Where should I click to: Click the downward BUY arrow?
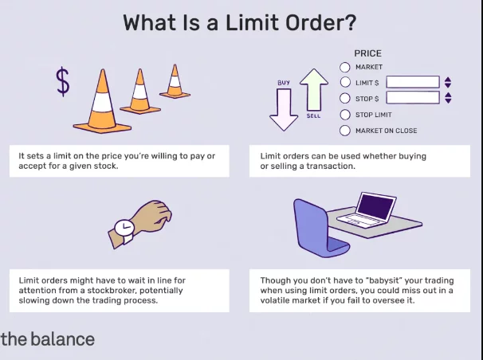[283, 108]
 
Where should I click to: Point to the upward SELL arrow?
[314, 92]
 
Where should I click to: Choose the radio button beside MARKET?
[345, 67]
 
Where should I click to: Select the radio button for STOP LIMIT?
[345, 114]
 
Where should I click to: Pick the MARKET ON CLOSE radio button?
[345, 130]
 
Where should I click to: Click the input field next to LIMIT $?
[412, 82]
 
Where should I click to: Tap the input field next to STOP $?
[412, 98]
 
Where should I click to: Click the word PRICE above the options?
[368, 53]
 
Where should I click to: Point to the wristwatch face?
[124, 229]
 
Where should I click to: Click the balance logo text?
[48, 339]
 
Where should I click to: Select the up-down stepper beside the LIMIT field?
[448, 82]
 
